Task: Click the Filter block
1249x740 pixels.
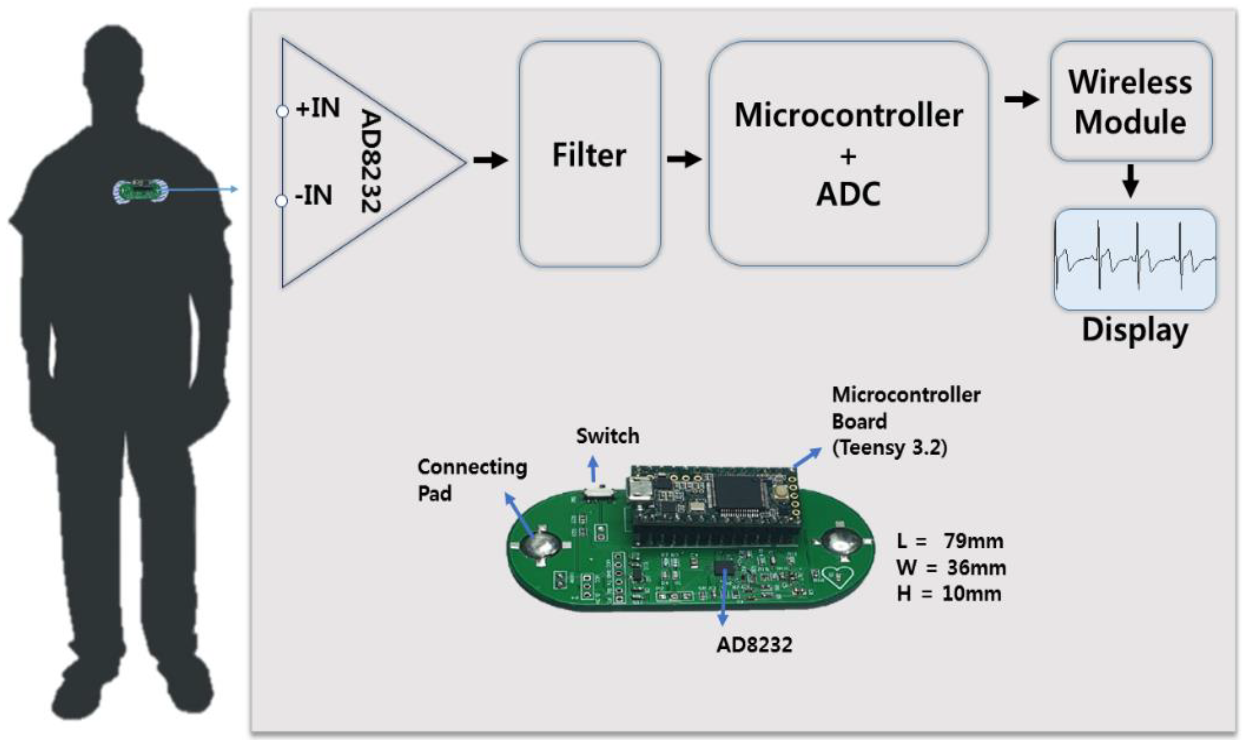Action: coord(590,155)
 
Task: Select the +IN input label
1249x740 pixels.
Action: coord(318,108)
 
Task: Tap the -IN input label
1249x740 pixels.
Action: coord(313,195)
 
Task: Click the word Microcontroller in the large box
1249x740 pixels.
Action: coord(849,116)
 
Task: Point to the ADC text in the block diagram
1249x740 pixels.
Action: coord(849,195)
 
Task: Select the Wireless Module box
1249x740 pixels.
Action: coord(1131,101)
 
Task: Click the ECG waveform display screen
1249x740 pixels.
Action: coord(1135,259)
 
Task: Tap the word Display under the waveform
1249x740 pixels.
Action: coord(1135,331)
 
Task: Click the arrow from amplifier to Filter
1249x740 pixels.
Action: coord(490,160)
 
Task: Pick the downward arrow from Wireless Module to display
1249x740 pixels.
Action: coord(1130,181)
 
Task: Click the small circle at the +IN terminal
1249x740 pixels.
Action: coord(282,111)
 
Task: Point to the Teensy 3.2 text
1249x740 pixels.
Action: coord(889,447)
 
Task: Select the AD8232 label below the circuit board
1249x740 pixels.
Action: coord(754,645)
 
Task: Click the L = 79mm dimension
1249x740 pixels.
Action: coord(950,541)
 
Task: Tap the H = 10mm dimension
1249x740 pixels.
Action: coord(949,594)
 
